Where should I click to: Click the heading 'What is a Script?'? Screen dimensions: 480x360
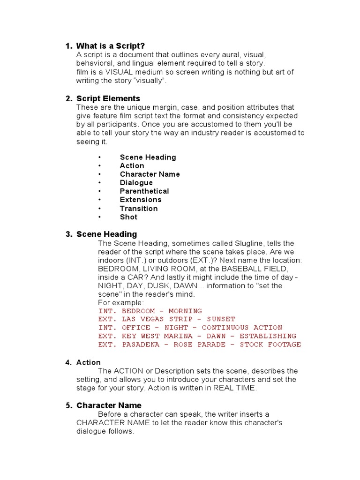tap(111, 45)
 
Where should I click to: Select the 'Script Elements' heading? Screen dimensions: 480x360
tap(108, 98)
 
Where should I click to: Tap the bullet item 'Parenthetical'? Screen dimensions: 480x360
tap(144, 191)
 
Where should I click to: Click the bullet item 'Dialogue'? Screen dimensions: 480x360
tap(136, 183)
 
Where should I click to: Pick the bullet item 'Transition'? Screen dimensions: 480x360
tap(139, 209)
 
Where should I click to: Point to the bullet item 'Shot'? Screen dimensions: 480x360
tap(128, 217)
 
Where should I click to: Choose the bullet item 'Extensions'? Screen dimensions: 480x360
tap(141, 200)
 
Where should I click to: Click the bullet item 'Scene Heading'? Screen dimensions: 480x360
tap(148, 157)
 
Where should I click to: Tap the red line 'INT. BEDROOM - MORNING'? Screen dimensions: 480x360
tap(150, 311)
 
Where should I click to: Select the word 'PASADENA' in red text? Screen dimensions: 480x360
tap(141, 345)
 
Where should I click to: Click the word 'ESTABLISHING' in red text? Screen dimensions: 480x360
tap(268, 336)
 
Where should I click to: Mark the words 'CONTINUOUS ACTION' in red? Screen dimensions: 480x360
tap(242, 328)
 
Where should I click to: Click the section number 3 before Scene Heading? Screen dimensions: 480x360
tap(68, 234)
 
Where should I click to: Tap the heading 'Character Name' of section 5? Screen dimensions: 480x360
tap(109, 405)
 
